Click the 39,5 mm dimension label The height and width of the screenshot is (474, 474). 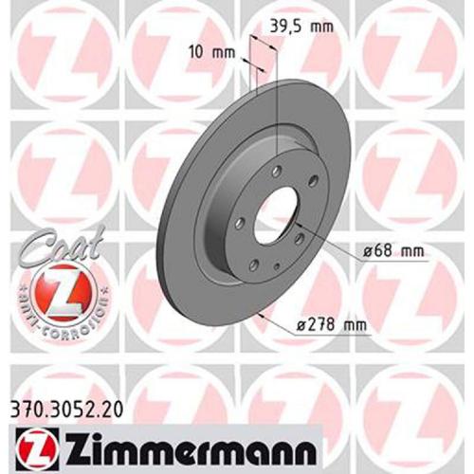pyautogui.click(x=301, y=27)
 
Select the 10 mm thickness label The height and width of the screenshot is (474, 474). pyautogui.click(x=211, y=52)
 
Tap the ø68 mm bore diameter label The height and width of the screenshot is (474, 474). pyautogui.click(x=393, y=251)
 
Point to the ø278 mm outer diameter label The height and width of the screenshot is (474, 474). pyautogui.click(x=332, y=325)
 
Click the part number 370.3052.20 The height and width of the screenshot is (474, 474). pyautogui.click(x=66, y=410)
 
